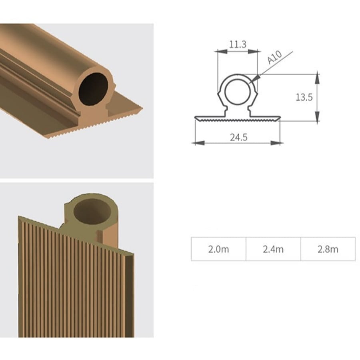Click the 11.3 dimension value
click(x=238, y=44)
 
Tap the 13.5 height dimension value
click(x=304, y=97)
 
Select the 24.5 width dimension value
click(x=239, y=137)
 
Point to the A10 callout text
click(x=274, y=57)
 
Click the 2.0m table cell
click(x=218, y=249)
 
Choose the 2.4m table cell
click(x=273, y=249)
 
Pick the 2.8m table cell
click(x=328, y=249)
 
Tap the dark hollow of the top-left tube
click(x=93, y=89)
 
